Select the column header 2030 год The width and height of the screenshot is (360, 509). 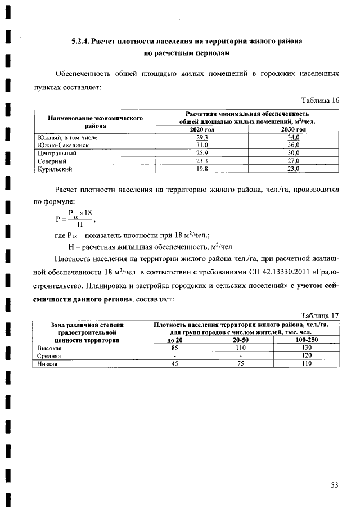click(294, 129)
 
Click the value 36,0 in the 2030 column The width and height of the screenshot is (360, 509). click(294, 145)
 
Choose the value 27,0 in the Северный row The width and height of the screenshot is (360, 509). click(294, 160)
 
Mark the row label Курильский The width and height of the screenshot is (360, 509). click(55, 168)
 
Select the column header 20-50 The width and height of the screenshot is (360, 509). click(240, 341)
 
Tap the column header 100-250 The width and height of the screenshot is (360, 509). click(307, 341)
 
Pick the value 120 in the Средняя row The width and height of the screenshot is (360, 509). click(307, 356)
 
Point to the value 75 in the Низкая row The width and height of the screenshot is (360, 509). click(240, 364)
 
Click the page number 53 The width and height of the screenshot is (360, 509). click(335, 485)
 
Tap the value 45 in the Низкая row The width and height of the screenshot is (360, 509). click(174, 364)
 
